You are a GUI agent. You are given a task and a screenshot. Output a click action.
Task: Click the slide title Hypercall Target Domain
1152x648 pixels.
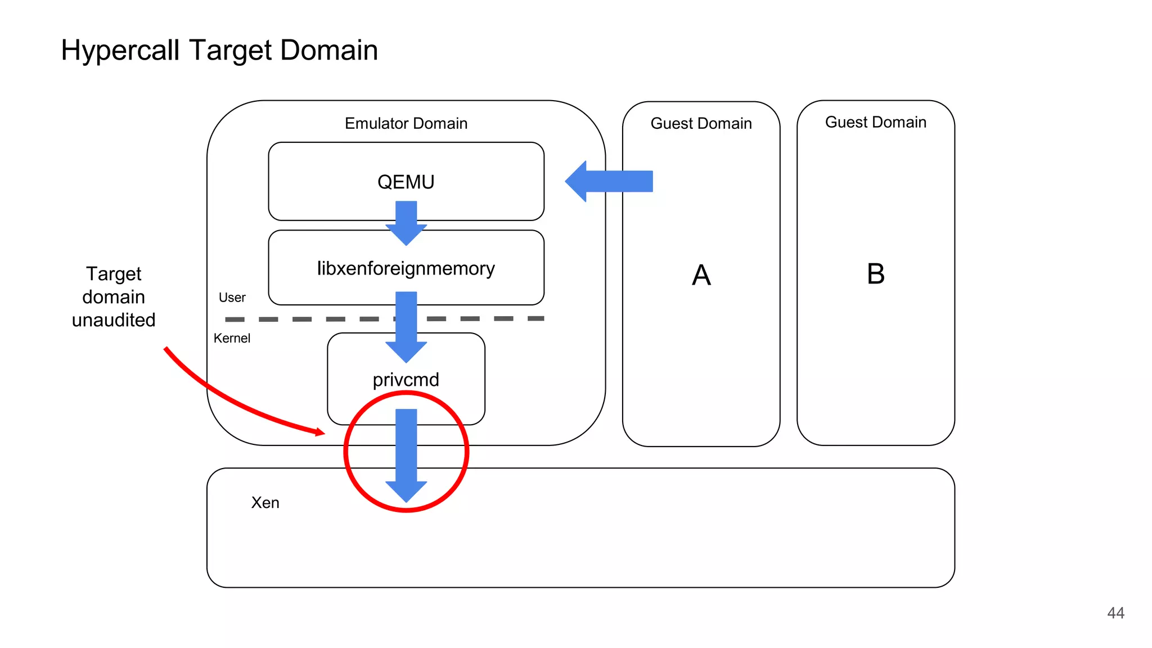pos(219,50)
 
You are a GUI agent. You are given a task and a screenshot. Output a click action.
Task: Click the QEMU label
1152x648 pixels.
pos(406,182)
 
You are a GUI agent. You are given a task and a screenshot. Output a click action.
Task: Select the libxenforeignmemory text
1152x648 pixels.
pos(406,268)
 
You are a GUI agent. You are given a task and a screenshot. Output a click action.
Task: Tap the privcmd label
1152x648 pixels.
pos(406,380)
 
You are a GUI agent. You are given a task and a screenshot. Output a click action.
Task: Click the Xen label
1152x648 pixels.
pos(265,502)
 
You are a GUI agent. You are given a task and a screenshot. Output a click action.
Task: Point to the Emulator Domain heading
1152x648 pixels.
pos(406,123)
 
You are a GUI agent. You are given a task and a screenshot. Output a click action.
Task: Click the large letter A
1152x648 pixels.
pos(701,275)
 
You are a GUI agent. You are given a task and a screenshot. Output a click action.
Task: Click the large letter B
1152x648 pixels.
pos(875,274)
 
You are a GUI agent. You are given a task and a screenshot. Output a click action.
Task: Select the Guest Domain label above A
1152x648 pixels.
pos(701,123)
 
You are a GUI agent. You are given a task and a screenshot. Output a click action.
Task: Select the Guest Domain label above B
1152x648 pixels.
pos(875,122)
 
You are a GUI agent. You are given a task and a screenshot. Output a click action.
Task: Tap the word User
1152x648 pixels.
pos(232,298)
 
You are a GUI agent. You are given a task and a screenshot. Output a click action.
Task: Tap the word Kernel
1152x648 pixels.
pos(232,338)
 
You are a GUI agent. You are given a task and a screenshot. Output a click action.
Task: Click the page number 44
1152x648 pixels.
pos(1115,613)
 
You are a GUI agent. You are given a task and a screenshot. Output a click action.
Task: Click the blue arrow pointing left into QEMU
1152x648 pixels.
pos(610,181)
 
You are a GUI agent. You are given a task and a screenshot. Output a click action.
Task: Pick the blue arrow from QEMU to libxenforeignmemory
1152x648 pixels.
pos(406,222)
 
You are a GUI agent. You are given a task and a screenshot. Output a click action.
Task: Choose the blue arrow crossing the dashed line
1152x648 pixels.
pos(406,326)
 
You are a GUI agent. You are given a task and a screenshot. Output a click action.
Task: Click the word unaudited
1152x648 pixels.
pos(114,320)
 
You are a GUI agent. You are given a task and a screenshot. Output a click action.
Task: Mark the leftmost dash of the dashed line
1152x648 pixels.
pos(235,319)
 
